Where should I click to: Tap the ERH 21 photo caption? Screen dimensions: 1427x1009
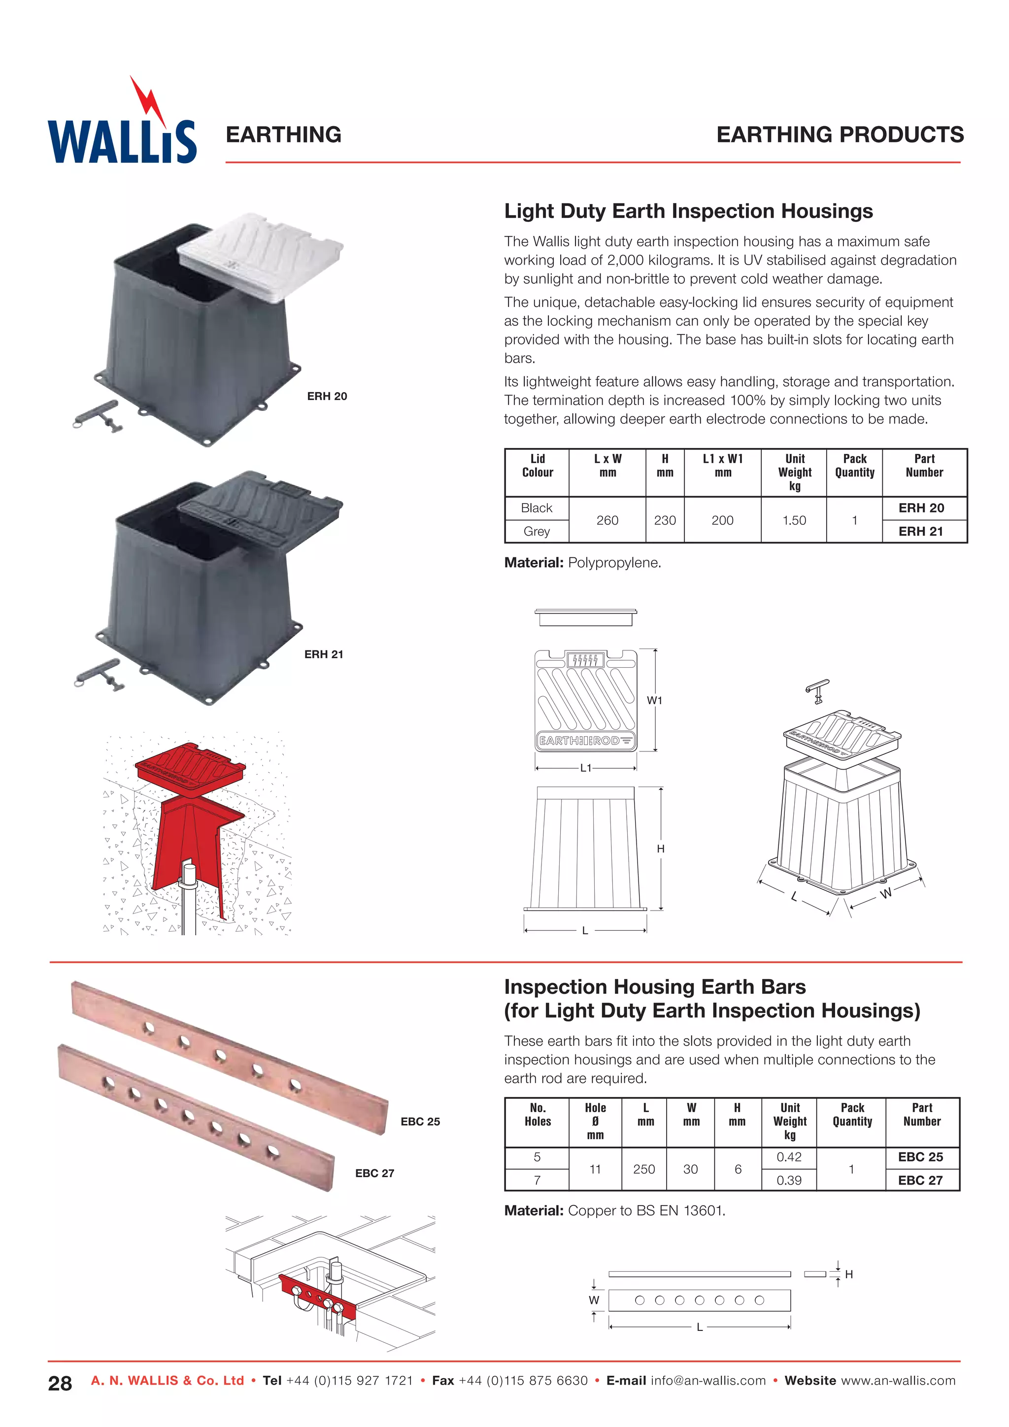[323, 654]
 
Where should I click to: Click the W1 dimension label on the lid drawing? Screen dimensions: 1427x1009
[654, 701]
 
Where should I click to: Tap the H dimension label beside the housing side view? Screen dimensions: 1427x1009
[661, 849]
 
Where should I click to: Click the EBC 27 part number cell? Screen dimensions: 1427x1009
[920, 1180]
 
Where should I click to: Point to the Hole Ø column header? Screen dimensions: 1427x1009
[595, 1121]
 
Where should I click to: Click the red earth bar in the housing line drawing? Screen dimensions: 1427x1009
[317, 1297]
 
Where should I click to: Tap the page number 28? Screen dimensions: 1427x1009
[60, 1384]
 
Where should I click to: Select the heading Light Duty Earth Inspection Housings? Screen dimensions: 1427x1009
[688, 211]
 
